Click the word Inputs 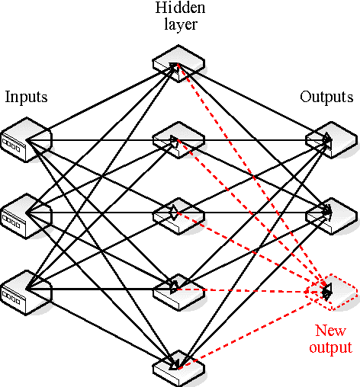pos(26,97)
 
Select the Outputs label pos(326,97)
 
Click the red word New pos(330,331)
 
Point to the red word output pos(330,347)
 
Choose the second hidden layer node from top pos(178,139)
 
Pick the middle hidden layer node pos(178,214)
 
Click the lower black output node pos(330,214)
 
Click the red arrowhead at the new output pos(327,290)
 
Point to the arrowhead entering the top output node pos(327,139)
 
